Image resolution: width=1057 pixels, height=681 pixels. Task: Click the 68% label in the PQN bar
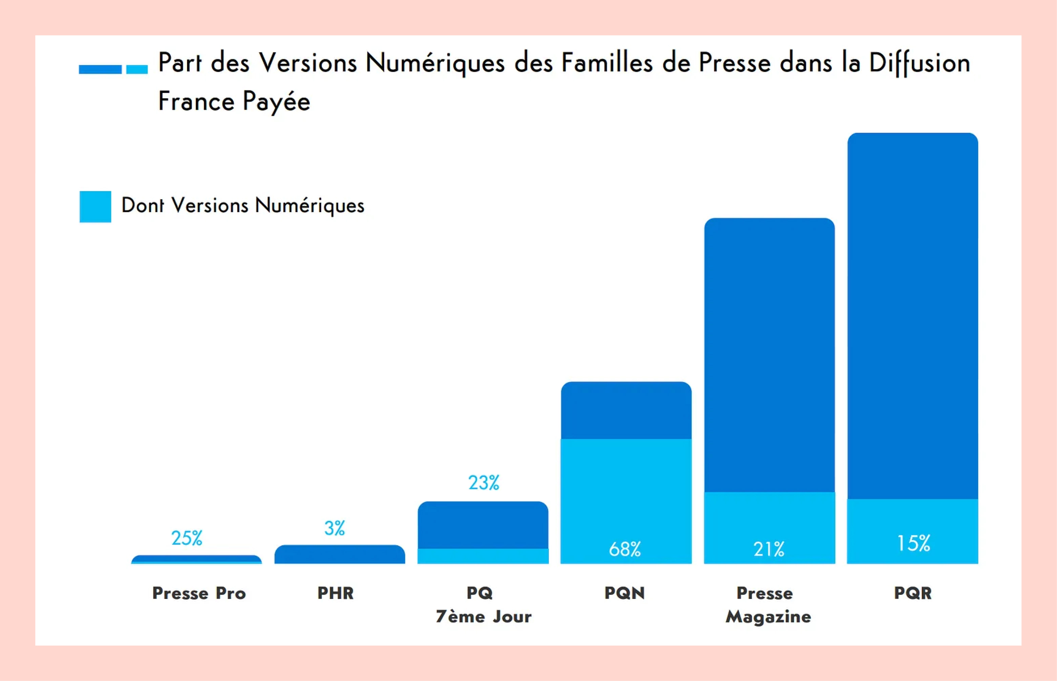625,549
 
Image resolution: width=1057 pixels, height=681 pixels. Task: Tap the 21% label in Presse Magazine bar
769,549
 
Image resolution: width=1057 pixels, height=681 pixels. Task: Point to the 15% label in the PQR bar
913,544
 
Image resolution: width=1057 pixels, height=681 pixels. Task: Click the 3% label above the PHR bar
334,528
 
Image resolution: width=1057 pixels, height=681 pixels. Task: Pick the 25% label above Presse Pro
187,538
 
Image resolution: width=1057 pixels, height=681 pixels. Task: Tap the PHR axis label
335,593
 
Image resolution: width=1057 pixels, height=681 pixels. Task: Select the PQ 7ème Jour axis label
483,604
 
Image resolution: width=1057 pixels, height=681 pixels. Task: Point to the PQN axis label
625,593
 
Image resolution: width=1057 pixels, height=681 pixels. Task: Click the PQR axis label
912,593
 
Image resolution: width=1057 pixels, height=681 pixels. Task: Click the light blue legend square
95,207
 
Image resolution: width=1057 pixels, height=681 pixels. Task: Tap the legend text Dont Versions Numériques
242,206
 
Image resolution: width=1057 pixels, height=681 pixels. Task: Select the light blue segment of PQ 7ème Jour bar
483,556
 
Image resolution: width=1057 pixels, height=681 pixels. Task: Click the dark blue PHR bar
340,555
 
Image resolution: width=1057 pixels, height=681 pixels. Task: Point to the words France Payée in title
234,101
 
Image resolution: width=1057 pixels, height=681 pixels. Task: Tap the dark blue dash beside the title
100,69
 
